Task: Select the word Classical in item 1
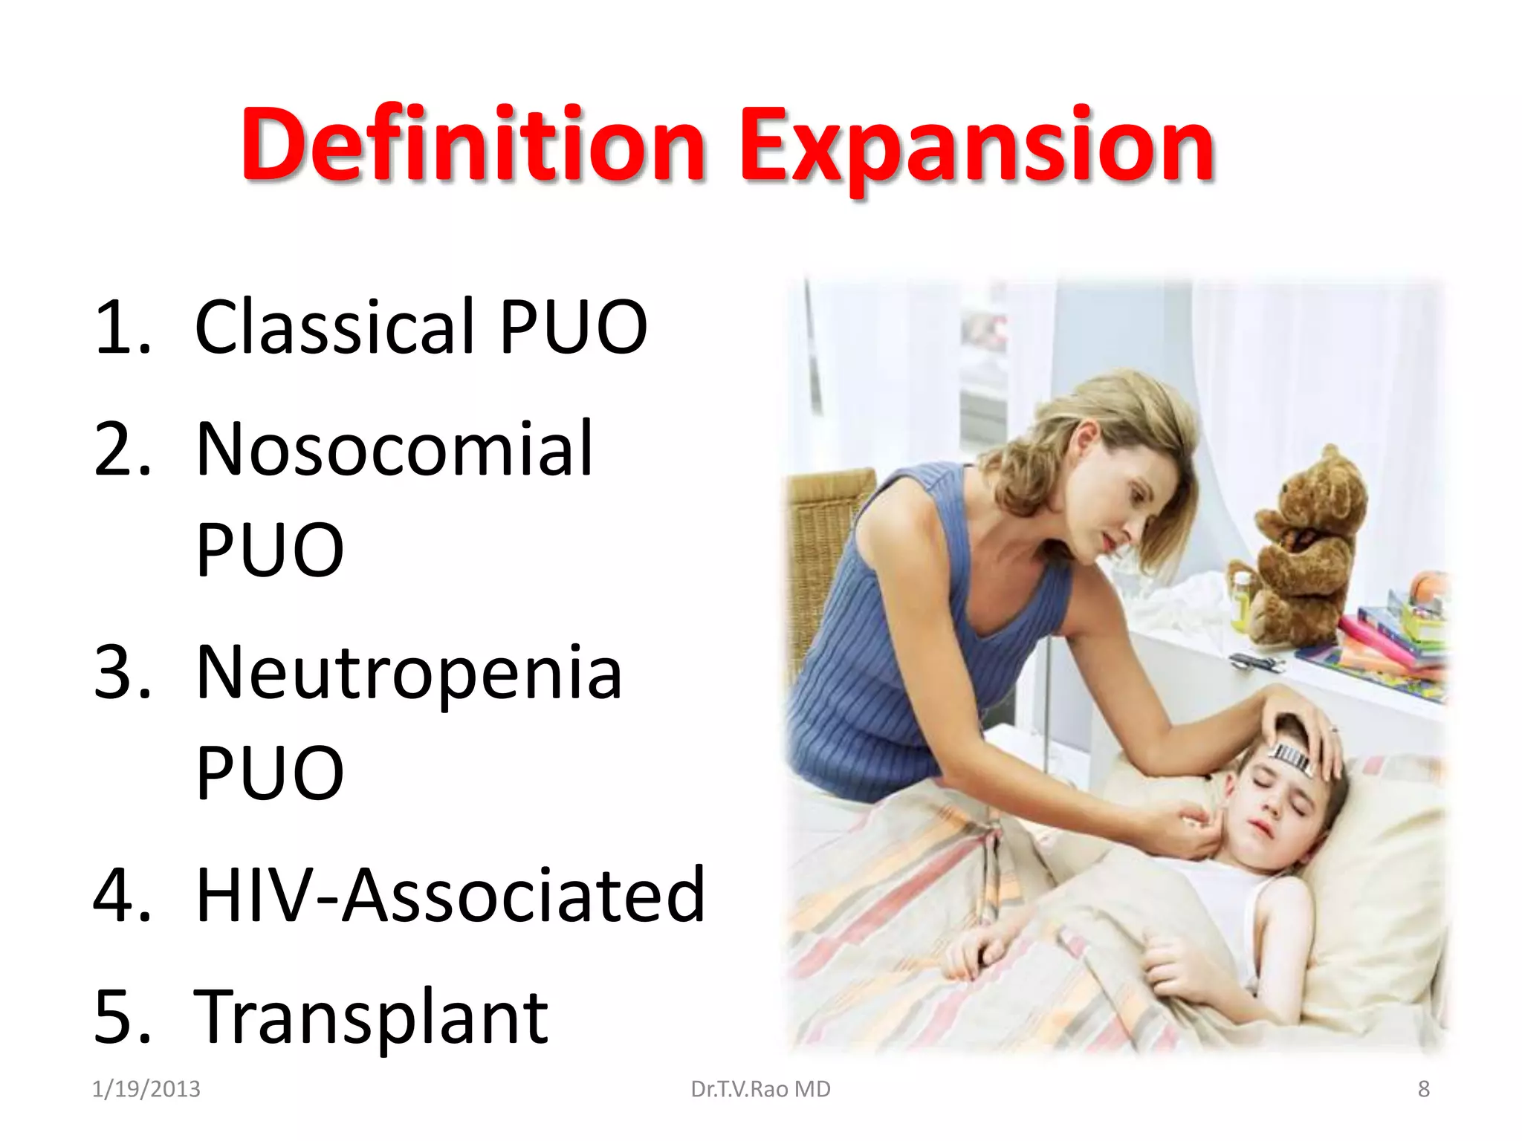click(x=334, y=327)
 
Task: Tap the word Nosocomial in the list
click(x=394, y=449)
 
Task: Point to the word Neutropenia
click(x=409, y=673)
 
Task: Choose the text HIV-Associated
click(x=450, y=896)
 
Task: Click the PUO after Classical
click(x=573, y=327)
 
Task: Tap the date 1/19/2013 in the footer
click(x=146, y=1089)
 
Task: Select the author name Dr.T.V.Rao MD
click(x=760, y=1089)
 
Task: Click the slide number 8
click(x=1423, y=1089)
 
